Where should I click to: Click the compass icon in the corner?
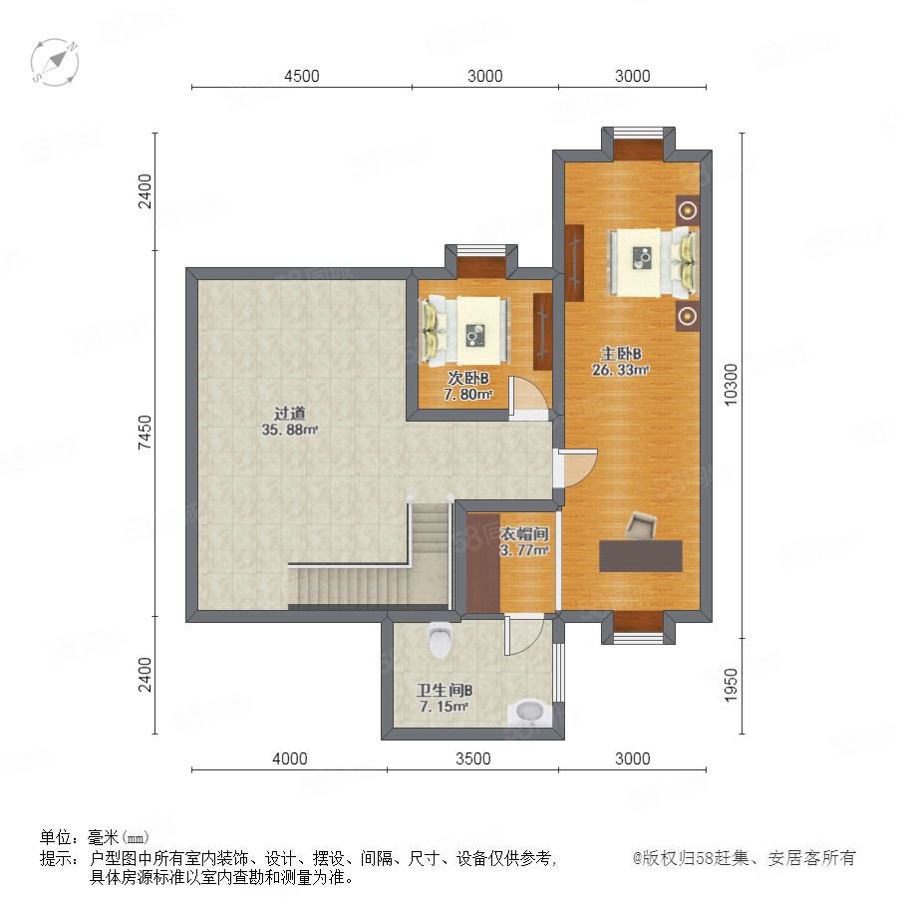[x=55, y=63]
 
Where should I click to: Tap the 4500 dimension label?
[x=301, y=76]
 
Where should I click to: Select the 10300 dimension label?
[x=732, y=385]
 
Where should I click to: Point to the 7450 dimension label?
[x=146, y=432]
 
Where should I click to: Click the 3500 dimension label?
[x=473, y=758]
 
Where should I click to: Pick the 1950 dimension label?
[x=732, y=685]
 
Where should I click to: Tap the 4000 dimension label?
[x=289, y=758]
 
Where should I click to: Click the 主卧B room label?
[x=621, y=354]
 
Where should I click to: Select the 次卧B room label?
[x=468, y=378]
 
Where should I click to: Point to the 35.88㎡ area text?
[x=289, y=430]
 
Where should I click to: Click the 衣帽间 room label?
[x=524, y=534]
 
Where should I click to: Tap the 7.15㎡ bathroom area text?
[x=444, y=707]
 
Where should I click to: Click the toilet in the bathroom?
[x=440, y=639]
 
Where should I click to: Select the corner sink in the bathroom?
[x=529, y=713]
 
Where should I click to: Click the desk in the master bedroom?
[x=641, y=555]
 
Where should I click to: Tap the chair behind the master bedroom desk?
[x=641, y=525]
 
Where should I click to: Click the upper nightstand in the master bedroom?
[x=687, y=210]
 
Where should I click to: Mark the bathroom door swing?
[x=523, y=635]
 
